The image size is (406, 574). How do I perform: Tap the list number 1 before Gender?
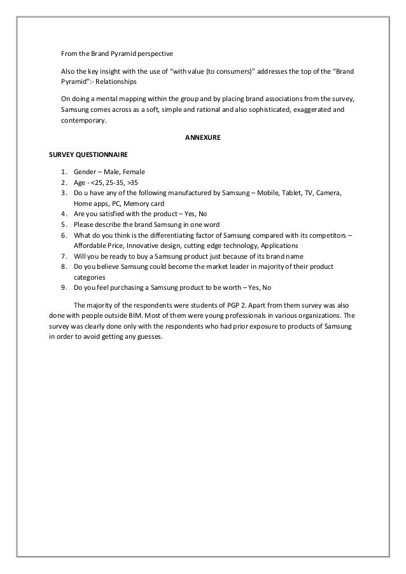(x=64, y=172)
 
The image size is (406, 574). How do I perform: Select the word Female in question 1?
(x=134, y=172)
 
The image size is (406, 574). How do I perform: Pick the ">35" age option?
(x=128, y=182)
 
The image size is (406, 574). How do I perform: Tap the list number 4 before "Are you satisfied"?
(x=64, y=214)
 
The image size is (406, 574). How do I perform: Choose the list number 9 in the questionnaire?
(x=64, y=287)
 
